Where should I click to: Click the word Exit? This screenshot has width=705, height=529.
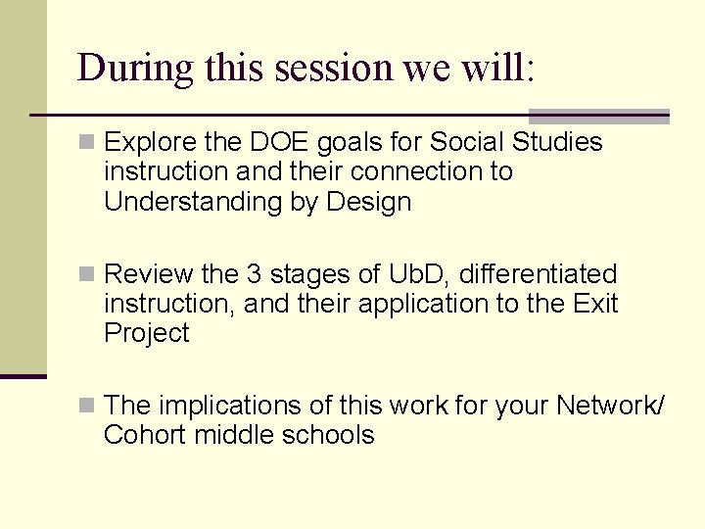click(x=595, y=303)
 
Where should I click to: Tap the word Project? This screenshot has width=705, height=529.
click(x=146, y=333)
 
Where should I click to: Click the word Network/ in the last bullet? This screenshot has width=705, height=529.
click(x=610, y=405)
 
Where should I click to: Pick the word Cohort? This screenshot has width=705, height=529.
click(x=145, y=434)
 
